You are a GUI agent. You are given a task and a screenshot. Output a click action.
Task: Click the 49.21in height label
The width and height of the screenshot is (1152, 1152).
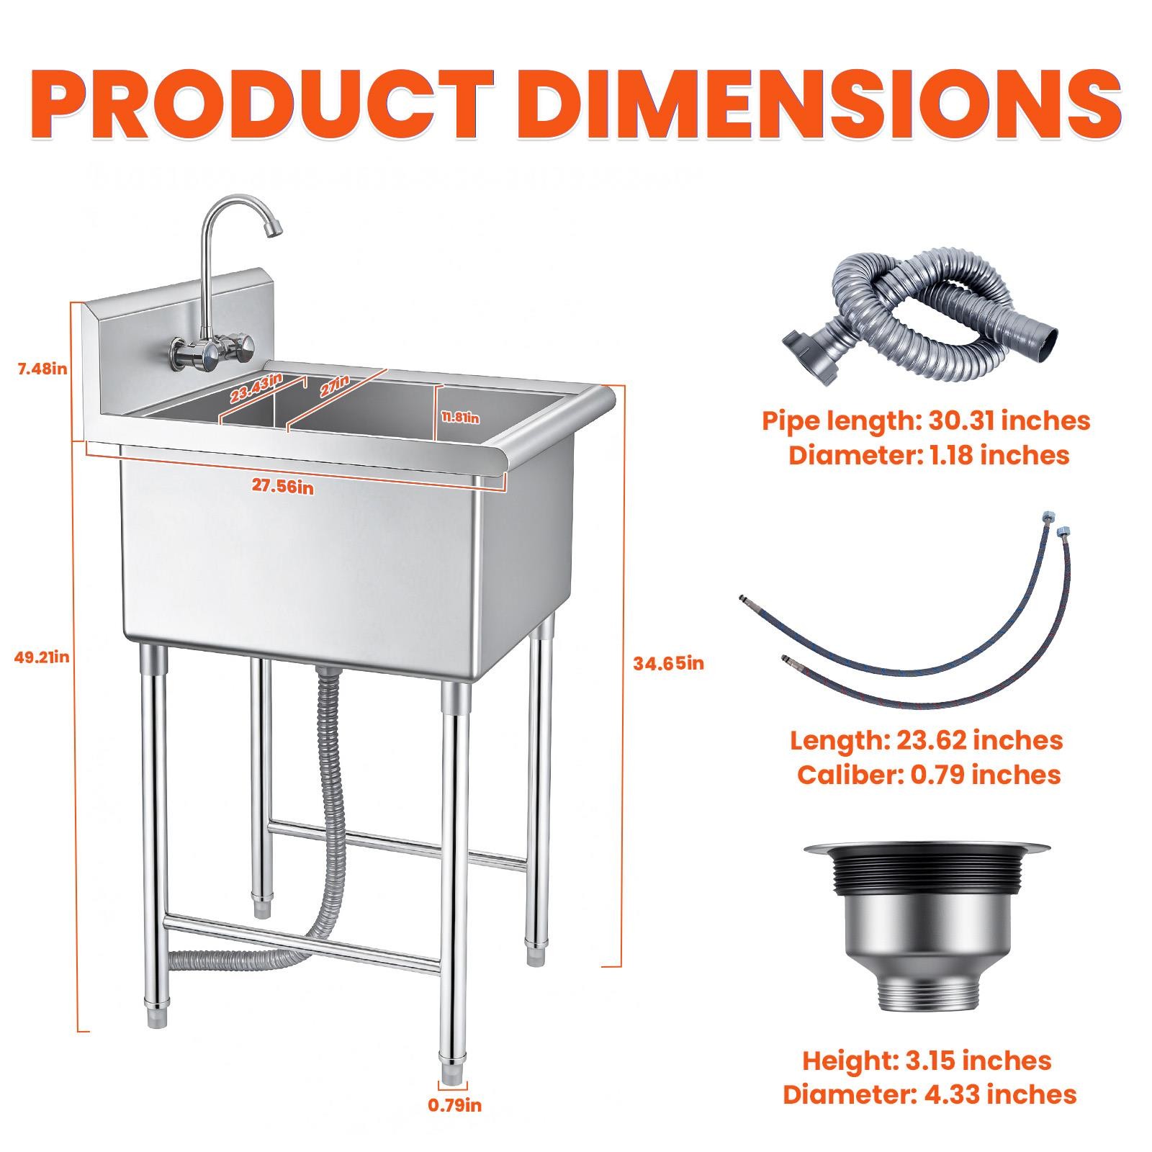[42, 657]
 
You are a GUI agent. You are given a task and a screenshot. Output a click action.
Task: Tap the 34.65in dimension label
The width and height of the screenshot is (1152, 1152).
[668, 663]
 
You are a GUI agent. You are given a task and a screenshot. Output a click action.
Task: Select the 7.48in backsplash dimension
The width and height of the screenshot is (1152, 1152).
[42, 369]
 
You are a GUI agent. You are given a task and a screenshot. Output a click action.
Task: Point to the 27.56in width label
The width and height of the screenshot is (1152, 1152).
[283, 486]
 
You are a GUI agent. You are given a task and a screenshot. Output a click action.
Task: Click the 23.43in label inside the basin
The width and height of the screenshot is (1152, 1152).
[256, 389]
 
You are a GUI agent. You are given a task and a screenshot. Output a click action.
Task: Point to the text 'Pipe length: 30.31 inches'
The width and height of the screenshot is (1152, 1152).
[926, 420]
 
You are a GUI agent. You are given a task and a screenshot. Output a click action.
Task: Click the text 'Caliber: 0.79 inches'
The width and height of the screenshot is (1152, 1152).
[929, 775]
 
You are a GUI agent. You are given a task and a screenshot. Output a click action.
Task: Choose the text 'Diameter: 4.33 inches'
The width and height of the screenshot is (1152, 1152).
[930, 1094]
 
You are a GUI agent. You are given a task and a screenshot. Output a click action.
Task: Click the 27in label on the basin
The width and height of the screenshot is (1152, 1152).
[334, 385]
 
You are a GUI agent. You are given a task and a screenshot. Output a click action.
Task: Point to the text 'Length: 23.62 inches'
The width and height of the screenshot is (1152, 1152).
[926, 740]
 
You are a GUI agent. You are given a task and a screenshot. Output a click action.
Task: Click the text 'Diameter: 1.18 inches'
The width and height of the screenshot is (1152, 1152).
[929, 455]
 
